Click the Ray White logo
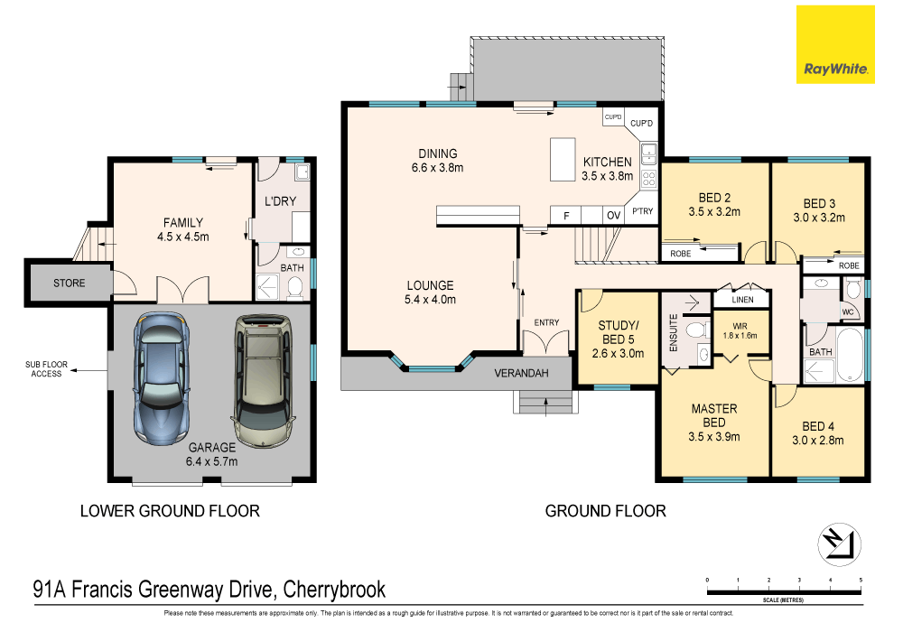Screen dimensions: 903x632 835,45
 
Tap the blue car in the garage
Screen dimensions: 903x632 162,378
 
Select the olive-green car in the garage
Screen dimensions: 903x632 263,380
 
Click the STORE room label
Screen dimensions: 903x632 70,283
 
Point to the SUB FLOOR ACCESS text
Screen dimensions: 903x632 46,369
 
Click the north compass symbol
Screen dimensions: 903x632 839,544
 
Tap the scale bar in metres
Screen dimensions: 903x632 784,590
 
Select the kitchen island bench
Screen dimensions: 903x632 563,160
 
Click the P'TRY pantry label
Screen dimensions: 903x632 643,211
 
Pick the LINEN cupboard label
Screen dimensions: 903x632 742,300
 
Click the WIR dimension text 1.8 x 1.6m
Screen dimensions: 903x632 740,336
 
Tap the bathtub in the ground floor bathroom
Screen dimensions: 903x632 850,355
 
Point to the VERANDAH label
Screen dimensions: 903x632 521,373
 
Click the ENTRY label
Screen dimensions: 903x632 546,322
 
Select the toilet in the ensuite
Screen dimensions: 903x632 698,330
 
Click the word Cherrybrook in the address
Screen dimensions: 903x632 335,590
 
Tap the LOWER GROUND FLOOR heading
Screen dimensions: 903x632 170,510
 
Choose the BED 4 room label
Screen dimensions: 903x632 818,426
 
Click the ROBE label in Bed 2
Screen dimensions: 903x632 681,254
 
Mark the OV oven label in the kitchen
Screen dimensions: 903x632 613,215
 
